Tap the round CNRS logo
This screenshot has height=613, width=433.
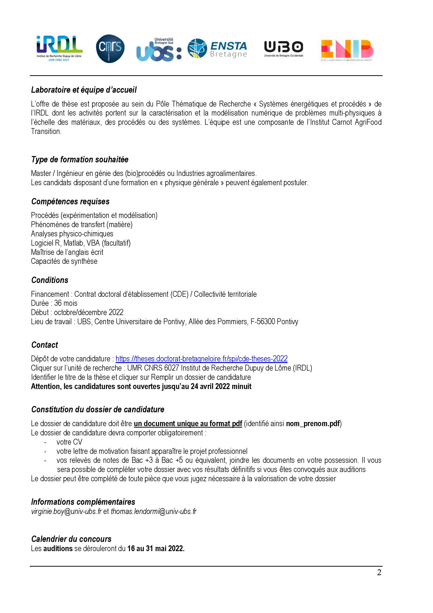110,48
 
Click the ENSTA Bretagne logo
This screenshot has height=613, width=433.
217,49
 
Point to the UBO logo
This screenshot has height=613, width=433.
284,49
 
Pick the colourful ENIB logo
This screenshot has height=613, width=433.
347,50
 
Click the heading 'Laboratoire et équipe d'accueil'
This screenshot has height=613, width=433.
84,90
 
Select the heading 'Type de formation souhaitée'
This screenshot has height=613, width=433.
80,160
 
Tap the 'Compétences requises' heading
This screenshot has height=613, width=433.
70,202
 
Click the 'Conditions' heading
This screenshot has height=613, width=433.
50,280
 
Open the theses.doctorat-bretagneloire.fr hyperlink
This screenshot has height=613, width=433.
201,359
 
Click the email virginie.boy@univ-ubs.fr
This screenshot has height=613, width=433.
66,511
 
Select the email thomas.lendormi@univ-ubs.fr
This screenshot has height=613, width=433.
154,511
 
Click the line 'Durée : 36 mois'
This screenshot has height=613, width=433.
54,303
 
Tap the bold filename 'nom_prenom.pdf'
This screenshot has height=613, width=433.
313,424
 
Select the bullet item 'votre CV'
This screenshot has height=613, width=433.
69,442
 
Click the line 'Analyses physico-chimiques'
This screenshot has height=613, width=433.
72,234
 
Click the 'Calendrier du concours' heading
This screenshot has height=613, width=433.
71,539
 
